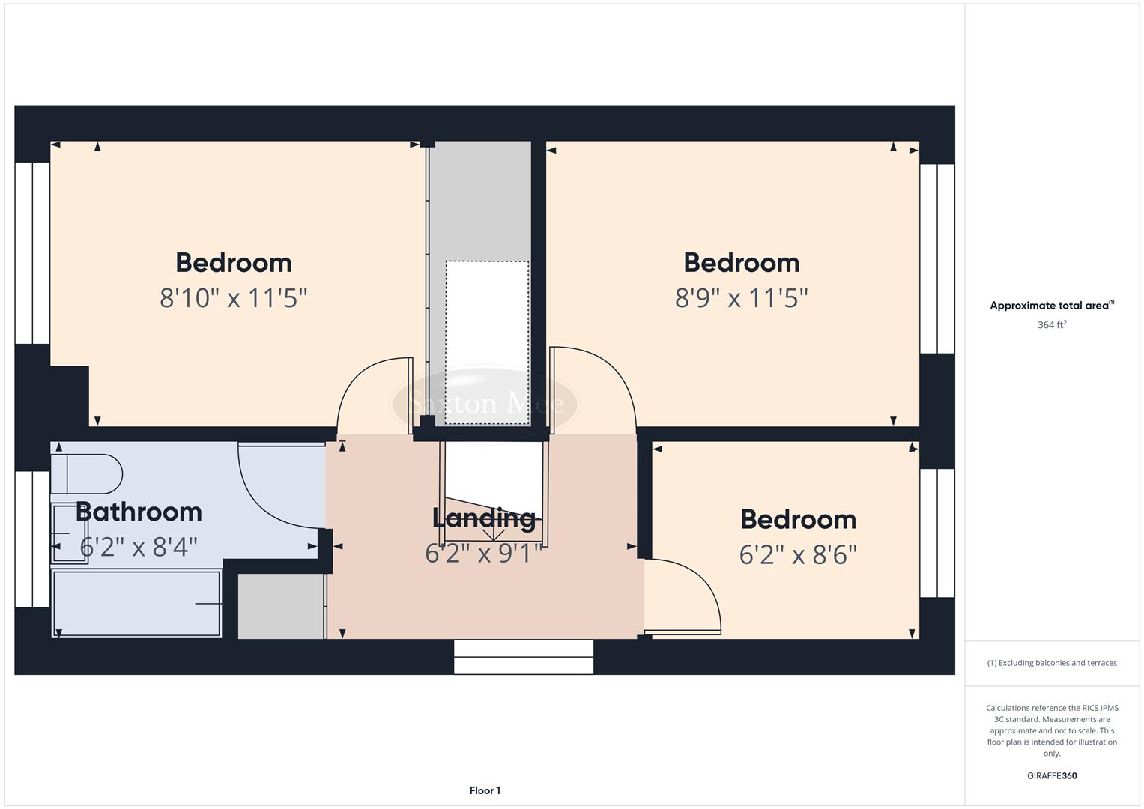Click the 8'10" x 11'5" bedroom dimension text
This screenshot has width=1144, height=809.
coord(233,298)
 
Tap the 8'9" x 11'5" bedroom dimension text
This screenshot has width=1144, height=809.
coord(741,298)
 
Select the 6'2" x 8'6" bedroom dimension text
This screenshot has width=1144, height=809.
coord(798,555)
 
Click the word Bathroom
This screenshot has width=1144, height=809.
coord(139,512)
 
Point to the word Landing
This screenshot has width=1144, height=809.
coord(483,518)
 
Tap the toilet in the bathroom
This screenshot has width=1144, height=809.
coord(87,473)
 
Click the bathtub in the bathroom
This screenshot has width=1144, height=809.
coord(136,603)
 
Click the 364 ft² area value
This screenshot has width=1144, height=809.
coord(1052,325)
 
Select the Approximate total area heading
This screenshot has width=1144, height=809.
coord(1052,306)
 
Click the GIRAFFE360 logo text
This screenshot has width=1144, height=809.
coord(1052,776)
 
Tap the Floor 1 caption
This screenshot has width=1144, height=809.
coord(485,790)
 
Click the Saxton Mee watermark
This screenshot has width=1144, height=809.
coord(485,404)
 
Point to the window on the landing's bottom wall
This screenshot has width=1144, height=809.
coord(524,657)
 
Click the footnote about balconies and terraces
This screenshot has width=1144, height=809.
coord(1052,663)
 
